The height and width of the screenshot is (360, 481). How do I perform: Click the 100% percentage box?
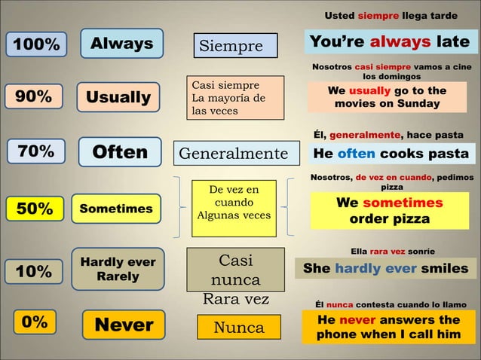coord(33,45)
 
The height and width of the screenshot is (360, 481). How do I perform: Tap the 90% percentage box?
coord(34,97)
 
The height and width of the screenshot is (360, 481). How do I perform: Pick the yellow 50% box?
coord(35,209)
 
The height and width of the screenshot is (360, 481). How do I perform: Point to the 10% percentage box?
coord(34,271)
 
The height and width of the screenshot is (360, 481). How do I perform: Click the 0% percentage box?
coord(34,322)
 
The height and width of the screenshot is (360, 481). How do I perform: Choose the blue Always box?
coord(121,44)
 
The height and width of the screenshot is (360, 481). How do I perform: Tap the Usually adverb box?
coord(118,98)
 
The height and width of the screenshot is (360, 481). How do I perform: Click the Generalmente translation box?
coord(233,154)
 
